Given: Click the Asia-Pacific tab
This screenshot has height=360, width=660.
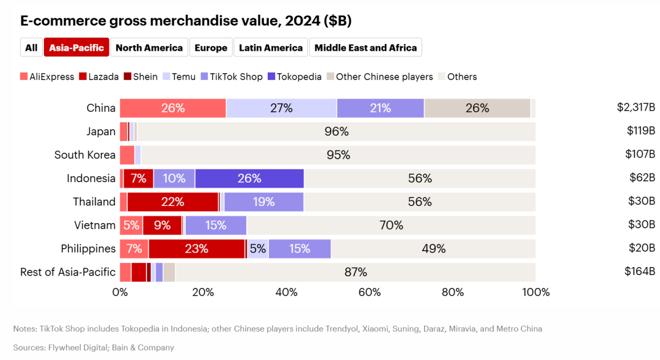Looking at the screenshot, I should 76,48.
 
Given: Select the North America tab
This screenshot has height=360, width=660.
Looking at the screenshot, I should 149,48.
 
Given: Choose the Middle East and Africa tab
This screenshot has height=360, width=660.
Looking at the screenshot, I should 365,48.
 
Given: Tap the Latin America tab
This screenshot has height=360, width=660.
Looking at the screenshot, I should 271,48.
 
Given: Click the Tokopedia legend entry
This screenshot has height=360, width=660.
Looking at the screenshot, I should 294,77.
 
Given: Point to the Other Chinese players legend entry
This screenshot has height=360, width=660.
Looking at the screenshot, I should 379,77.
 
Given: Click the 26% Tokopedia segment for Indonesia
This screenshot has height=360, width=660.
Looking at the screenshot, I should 249,178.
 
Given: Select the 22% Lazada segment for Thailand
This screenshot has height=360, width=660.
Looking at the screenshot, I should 173,202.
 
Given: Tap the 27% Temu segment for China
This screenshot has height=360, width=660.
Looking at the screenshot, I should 281,108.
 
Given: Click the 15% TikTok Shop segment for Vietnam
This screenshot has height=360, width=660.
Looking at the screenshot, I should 216,225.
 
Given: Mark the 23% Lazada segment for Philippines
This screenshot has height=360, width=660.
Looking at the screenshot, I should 197,249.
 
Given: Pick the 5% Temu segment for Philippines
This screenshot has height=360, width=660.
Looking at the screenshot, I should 257,249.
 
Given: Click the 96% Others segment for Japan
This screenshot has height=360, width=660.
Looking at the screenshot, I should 337,131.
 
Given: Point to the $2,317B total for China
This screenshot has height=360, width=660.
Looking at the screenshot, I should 636,108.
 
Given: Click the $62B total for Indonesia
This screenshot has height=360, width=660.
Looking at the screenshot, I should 641,178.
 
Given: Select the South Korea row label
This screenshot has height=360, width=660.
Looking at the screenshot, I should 85,155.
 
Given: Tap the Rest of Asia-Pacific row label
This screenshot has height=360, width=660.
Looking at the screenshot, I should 68,272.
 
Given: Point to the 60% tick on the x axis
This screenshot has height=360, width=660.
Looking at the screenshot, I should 370,292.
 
